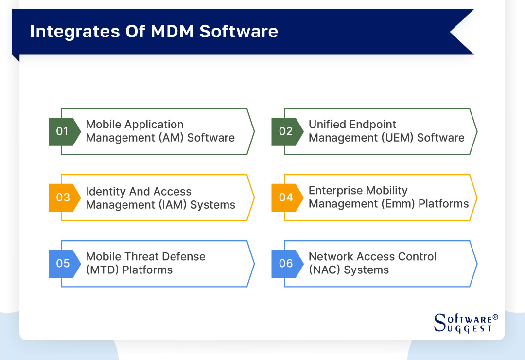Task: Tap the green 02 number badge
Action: pos(286,131)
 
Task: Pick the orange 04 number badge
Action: pos(286,198)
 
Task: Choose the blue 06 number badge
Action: pos(286,264)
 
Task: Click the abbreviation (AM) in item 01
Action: pos(171,138)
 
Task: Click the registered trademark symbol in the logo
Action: pos(495,317)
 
